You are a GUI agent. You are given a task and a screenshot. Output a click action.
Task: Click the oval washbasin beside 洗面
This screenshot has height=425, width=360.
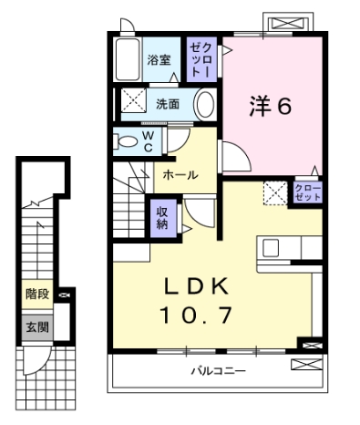(205, 102)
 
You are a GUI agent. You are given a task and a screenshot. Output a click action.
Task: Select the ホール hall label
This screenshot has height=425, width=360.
(180, 175)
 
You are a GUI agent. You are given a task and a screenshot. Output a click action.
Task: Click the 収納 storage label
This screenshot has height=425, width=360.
(161, 218)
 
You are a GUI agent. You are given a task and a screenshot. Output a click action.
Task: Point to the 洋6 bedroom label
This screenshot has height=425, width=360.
(271, 107)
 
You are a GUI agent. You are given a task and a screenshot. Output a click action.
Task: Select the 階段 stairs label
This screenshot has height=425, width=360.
(36, 295)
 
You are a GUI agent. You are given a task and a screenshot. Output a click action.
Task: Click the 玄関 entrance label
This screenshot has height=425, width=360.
(36, 326)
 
